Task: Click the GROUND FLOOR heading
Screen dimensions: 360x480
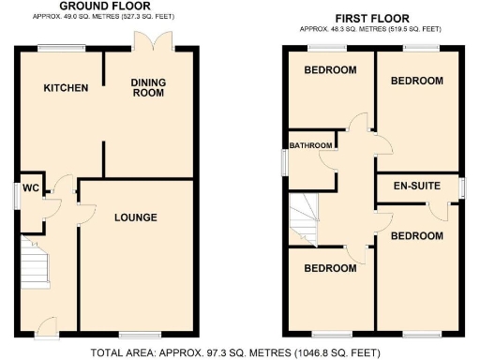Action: click(x=106, y=6)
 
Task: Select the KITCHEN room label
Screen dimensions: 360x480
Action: click(x=66, y=88)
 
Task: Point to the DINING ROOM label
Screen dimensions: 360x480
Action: click(x=147, y=87)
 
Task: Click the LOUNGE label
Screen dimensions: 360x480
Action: click(x=135, y=217)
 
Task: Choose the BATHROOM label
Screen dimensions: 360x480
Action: click(x=310, y=145)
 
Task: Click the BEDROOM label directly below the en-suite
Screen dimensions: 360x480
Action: click(x=416, y=235)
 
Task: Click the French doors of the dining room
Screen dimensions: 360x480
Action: click(x=150, y=42)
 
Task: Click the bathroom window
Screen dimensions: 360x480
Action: click(x=285, y=161)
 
